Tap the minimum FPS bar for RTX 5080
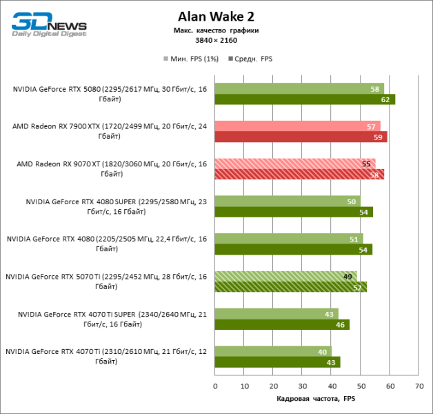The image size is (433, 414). point(299,88)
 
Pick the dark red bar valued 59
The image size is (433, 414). point(301,137)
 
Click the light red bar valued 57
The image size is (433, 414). point(297,126)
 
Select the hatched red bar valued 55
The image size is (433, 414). point(295,164)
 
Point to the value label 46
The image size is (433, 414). point(341,324)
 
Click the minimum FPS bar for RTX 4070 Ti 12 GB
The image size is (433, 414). point(273,351)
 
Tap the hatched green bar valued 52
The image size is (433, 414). point(290,287)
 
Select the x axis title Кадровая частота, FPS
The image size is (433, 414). point(316,400)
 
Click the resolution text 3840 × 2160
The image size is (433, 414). point(216,41)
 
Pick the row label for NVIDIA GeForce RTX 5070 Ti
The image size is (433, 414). point(106,282)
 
